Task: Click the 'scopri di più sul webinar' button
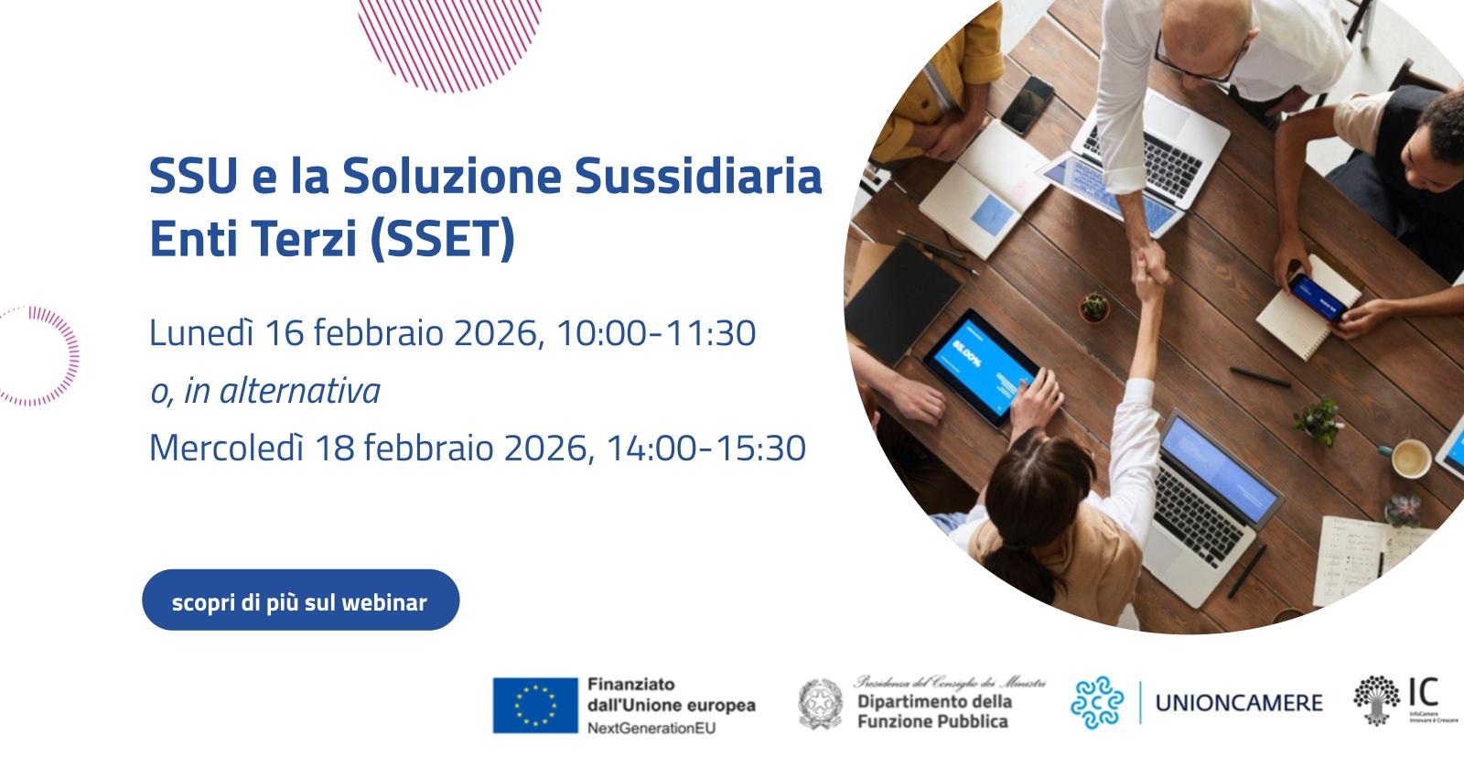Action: tap(300, 600)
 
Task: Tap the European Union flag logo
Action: tap(535, 705)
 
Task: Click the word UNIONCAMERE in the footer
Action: tap(1239, 703)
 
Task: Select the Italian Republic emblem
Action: tap(821, 703)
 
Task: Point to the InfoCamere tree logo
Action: tap(1377, 700)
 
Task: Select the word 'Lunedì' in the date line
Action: tap(200, 333)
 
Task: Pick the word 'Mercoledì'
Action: tap(225, 449)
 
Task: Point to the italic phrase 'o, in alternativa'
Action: tap(264, 392)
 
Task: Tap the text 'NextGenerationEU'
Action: tap(651, 729)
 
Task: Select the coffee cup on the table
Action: tap(1410, 458)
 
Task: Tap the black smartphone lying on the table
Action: tap(1027, 104)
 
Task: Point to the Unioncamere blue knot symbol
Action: tap(1097, 703)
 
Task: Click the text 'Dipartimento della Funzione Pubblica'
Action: tap(934, 711)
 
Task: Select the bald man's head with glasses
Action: tap(1189, 27)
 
